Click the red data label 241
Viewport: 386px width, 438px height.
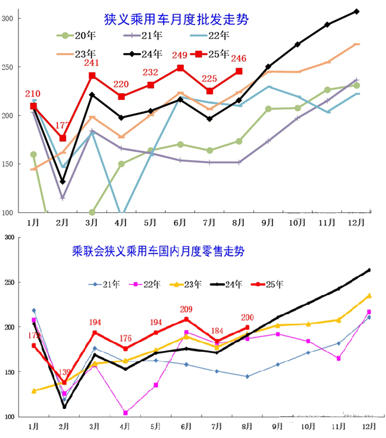(92, 64)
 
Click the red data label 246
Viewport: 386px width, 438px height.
(238, 58)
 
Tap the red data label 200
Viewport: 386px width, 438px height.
(247, 317)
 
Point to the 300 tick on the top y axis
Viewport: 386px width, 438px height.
(7, 18)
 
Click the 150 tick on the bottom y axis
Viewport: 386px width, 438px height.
(10, 372)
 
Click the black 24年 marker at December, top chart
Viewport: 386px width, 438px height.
(356, 11)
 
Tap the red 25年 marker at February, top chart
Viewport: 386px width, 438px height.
(63, 138)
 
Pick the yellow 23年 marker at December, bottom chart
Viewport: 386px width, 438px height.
(369, 295)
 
